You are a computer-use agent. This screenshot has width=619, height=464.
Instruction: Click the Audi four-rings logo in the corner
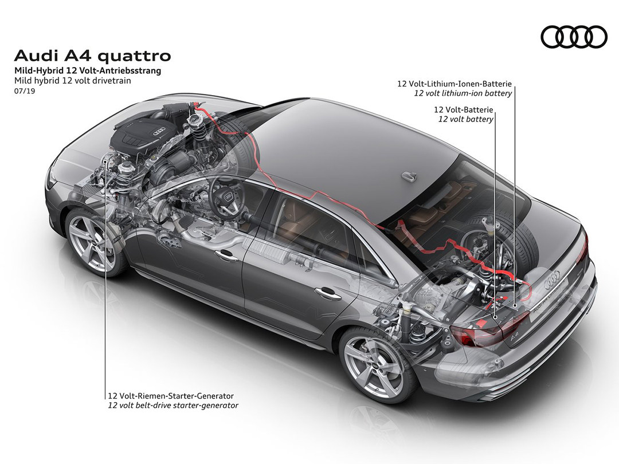click(x=574, y=37)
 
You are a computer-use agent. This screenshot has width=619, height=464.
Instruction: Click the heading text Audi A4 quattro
click(x=92, y=56)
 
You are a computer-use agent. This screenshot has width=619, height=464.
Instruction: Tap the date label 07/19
click(x=25, y=91)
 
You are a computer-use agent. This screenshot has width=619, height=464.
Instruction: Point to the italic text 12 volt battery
click(x=465, y=119)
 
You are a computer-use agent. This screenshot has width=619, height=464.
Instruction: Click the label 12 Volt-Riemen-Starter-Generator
click(x=171, y=396)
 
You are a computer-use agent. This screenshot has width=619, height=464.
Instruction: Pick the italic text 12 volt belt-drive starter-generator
click(x=173, y=405)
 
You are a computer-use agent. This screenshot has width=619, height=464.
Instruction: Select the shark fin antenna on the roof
click(x=409, y=176)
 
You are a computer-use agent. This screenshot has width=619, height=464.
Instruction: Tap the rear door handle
click(x=328, y=293)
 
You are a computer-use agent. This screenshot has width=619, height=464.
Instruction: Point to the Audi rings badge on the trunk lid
click(x=552, y=280)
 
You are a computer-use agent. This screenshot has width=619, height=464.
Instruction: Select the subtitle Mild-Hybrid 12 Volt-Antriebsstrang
click(x=88, y=71)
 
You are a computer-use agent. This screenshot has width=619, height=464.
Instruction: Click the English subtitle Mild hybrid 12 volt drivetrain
click(x=73, y=81)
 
